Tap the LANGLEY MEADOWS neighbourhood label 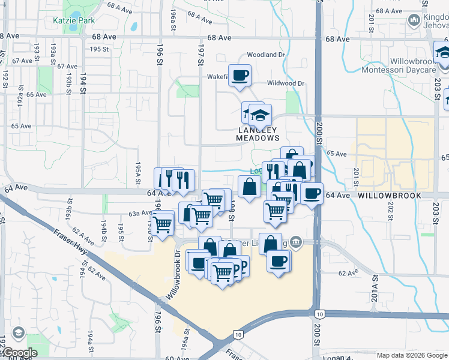(x=258, y=134)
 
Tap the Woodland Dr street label (x=264, y=55)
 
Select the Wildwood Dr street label (x=286, y=83)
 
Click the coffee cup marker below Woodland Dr (x=240, y=76)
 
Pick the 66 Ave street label (x=36, y=95)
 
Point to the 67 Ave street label (x=22, y=61)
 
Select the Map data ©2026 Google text (x=412, y=355)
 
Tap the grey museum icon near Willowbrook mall (x=295, y=242)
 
